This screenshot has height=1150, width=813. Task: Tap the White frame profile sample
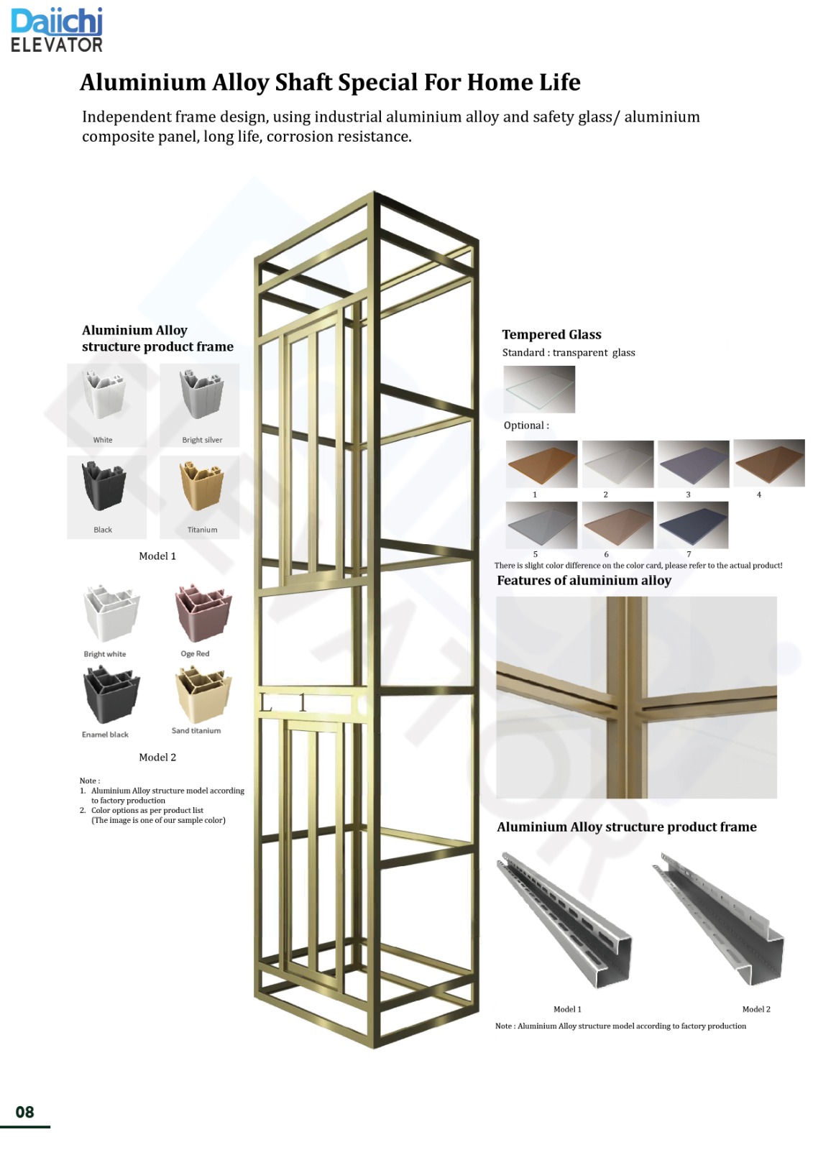(105, 395)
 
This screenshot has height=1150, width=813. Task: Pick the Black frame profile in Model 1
(104, 486)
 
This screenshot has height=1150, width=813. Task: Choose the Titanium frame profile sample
(201, 486)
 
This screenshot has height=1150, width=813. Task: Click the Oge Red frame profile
(203, 613)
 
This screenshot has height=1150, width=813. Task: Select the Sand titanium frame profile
(203, 694)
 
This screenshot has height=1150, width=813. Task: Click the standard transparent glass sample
(539, 389)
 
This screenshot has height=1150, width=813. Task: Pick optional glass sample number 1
(541, 464)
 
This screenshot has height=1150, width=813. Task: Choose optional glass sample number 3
(693, 464)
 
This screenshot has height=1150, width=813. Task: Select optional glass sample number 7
(692, 525)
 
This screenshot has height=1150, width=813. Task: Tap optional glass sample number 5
(541, 525)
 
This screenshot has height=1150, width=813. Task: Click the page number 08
(25, 1112)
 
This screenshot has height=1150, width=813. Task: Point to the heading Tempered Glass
(551, 334)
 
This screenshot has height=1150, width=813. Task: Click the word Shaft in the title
(304, 83)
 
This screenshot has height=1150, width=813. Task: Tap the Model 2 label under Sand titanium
(157, 757)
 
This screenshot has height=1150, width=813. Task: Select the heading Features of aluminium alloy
(584, 580)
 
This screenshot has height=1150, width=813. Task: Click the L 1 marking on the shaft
(284, 703)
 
